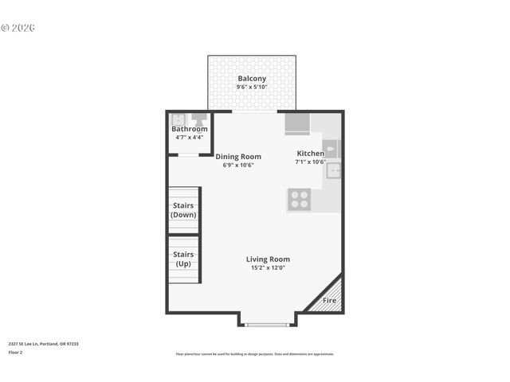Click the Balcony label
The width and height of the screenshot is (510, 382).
pyautogui.click(x=252, y=79)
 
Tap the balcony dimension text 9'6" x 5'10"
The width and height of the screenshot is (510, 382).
pyautogui.click(x=252, y=87)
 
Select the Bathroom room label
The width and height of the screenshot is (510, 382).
pyautogui.click(x=190, y=129)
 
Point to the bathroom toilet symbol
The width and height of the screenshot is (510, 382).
pyautogui.click(x=199, y=119)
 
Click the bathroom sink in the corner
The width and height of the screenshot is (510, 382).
pyautogui.click(x=178, y=119)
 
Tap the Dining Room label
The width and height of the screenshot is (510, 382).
pyautogui.click(x=238, y=157)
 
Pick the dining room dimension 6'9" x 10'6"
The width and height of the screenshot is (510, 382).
pyautogui.click(x=238, y=165)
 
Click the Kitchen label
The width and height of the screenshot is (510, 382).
pyautogui.click(x=310, y=154)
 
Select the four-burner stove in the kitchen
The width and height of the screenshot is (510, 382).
pyautogui.click(x=300, y=199)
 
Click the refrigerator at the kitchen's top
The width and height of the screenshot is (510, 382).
pyautogui.click(x=298, y=124)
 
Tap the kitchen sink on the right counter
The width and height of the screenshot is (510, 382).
pyautogui.click(x=333, y=170)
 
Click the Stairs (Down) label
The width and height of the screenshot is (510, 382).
pyautogui.click(x=184, y=210)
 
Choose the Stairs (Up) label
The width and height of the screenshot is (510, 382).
pyautogui.click(x=184, y=259)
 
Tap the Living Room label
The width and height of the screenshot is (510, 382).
pyautogui.click(x=268, y=259)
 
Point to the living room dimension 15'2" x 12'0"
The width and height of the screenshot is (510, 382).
pyautogui.click(x=268, y=267)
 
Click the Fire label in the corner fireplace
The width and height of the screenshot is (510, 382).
pyautogui.click(x=329, y=302)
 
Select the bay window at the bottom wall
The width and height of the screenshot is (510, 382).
pyautogui.click(x=268, y=324)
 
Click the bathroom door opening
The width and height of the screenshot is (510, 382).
pyautogui.click(x=188, y=154)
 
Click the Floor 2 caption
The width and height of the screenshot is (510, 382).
pyautogui.click(x=15, y=352)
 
